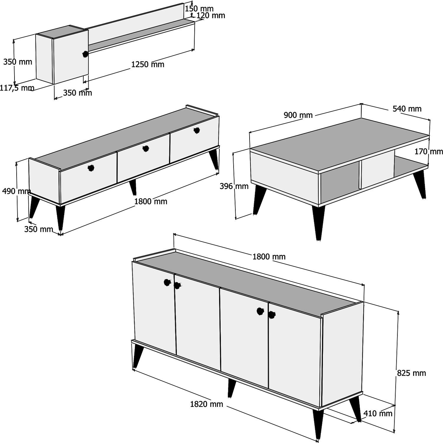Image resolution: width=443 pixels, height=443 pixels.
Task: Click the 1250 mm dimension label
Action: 148,64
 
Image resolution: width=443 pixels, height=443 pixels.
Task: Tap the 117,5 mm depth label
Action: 17,88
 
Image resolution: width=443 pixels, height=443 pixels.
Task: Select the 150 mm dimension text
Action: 199,9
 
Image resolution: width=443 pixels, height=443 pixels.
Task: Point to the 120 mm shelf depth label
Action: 211,15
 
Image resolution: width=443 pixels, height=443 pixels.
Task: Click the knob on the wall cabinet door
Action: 85,54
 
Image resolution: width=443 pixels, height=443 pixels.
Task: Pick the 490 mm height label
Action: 17,191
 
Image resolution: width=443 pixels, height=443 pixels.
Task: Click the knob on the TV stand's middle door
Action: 145,149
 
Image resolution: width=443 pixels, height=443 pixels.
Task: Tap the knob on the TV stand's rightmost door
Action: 197,131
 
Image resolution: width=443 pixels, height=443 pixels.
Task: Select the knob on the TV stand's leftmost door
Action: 91,168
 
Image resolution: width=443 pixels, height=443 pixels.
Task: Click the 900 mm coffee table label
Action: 298,115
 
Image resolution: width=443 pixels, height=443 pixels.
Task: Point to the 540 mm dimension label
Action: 407,109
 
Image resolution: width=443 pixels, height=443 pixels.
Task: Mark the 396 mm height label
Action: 234,186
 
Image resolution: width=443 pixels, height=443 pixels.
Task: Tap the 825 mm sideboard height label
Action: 411,373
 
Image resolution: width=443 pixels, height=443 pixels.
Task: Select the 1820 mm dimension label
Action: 206,404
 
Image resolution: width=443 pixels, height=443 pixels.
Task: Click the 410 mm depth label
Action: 378,413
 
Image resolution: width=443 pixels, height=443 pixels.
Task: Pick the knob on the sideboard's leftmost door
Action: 167,282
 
